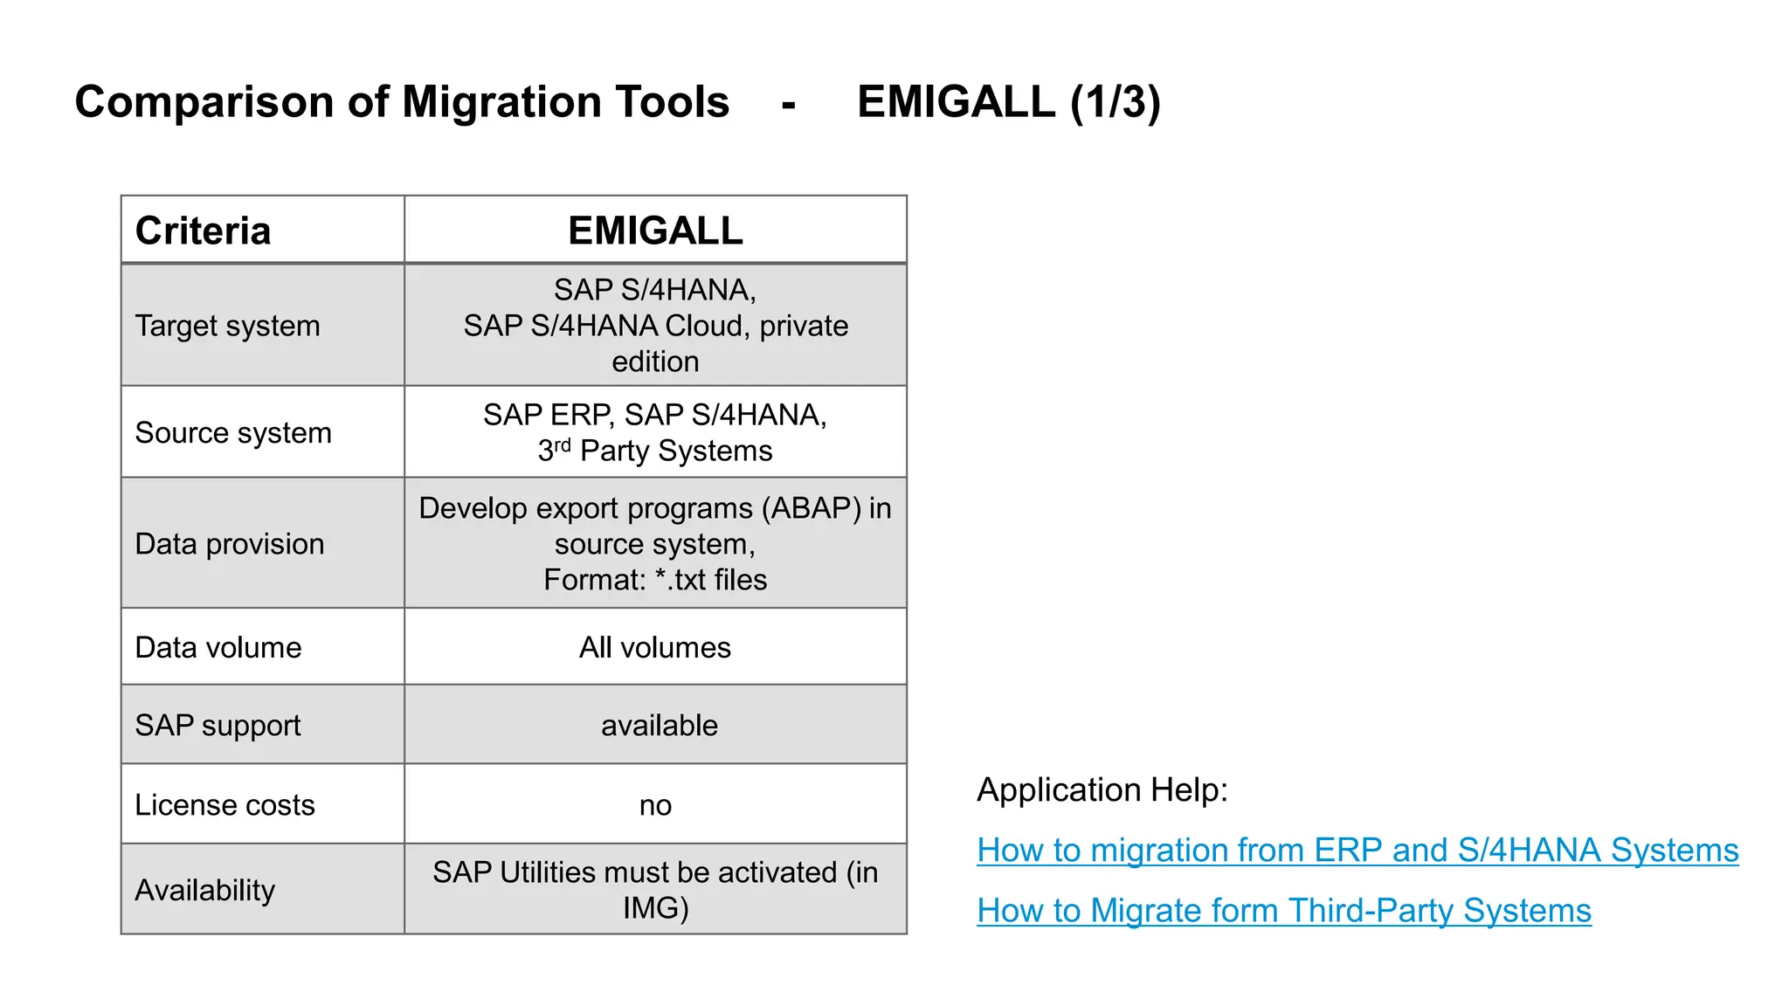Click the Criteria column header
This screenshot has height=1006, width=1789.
point(203,231)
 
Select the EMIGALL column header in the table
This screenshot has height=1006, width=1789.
point(655,231)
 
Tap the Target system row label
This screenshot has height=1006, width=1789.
point(227,326)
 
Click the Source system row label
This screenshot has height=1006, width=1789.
point(233,432)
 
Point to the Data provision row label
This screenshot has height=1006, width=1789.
point(229,544)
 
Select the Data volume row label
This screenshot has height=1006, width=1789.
point(218,647)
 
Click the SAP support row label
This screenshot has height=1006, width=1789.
point(218,725)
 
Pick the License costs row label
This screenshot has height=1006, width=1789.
point(224,804)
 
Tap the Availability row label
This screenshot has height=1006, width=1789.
point(204,890)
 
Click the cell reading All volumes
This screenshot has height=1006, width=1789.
point(655,647)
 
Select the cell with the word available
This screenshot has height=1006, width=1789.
point(659,725)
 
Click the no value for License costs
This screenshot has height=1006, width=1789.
point(655,805)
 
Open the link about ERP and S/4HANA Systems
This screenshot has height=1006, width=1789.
point(1357,850)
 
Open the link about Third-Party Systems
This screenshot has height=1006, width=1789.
point(1283,910)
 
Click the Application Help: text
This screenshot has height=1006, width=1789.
point(1102,789)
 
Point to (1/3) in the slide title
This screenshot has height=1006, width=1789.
point(1115,102)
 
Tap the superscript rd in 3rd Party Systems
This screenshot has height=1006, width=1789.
point(563,444)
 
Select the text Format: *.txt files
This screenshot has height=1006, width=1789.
point(655,580)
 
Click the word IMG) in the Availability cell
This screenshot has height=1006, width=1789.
point(655,908)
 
